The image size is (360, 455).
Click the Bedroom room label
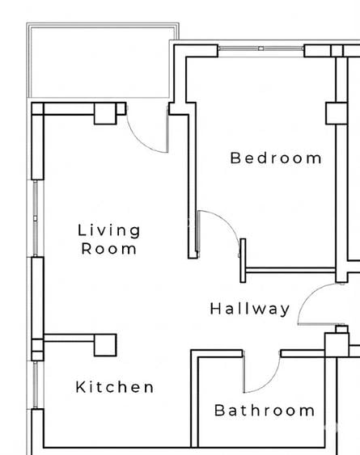pos(276,158)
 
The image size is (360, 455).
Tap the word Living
pos(109,230)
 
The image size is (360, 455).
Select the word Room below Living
pos(109,249)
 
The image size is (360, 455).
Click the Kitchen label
pos(115,387)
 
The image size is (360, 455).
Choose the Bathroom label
pos(265,411)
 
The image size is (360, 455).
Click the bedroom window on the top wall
pos(261,50)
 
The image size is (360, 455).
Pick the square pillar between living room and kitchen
pos(105,345)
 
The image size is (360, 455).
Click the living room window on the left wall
pos(35,218)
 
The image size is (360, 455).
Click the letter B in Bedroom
pos(235,158)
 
